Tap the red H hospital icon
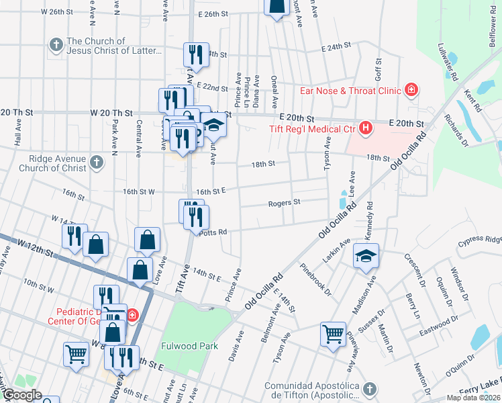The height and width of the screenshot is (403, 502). coord(366,128)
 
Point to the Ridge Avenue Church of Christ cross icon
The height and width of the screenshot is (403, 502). coord(97,162)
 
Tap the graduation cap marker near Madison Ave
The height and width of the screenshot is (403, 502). coord(366,257)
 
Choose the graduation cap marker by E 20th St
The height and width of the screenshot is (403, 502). coord(213,125)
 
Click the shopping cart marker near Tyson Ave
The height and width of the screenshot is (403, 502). coord(334,334)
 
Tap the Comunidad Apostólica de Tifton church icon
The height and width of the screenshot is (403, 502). coord(369,390)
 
